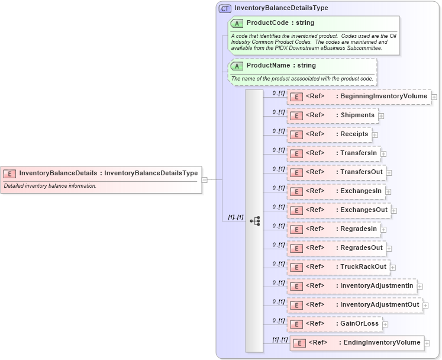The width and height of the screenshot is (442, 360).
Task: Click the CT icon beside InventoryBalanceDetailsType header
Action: [x=225, y=8]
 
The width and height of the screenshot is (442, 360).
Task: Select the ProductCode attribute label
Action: [x=280, y=23]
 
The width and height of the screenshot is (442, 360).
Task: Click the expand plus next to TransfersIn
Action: [x=383, y=154]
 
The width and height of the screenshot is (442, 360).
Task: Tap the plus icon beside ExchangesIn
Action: [x=388, y=191]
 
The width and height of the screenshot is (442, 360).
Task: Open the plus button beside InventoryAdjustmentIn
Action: [x=420, y=287]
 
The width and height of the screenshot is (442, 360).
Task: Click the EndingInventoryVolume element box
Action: [x=356, y=343]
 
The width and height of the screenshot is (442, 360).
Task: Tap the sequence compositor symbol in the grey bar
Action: [x=254, y=221]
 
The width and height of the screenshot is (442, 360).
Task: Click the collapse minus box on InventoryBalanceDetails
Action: [x=204, y=179]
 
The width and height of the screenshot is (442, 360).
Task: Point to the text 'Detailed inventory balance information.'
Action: [x=50, y=186]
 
